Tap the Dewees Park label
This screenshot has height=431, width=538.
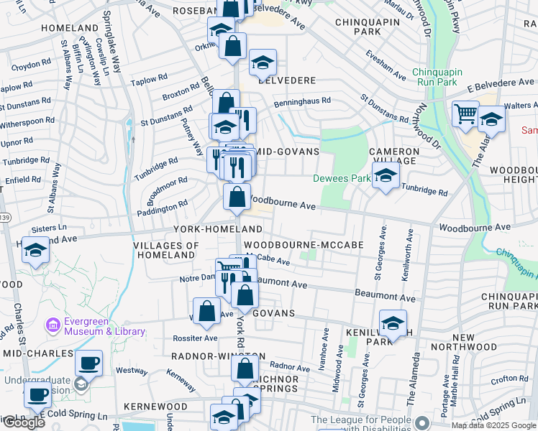pos(340,178)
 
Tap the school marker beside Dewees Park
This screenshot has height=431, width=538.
pos(386,177)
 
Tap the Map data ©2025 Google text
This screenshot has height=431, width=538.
pos(493,425)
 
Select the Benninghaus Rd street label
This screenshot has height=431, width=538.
pos(301,102)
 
